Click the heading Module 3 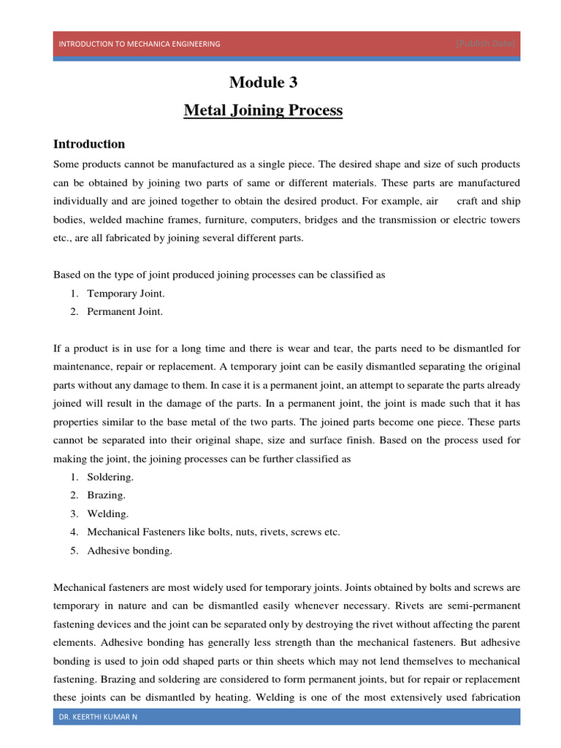[x=263, y=82]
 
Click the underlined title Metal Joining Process [x=263, y=111]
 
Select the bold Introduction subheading [x=89, y=144]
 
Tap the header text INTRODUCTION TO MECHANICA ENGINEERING [x=140, y=44]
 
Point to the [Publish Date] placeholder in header [x=486, y=44]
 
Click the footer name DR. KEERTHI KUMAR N [x=98, y=717]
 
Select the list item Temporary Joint [x=126, y=294]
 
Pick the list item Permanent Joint [x=125, y=311]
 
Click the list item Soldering [x=110, y=477]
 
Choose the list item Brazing [x=107, y=495]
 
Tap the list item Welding [x=108, y=514]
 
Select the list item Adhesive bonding [x=129, y=551]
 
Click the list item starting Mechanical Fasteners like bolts [x=213, y=532]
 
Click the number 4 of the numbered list [x=75, y=532]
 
